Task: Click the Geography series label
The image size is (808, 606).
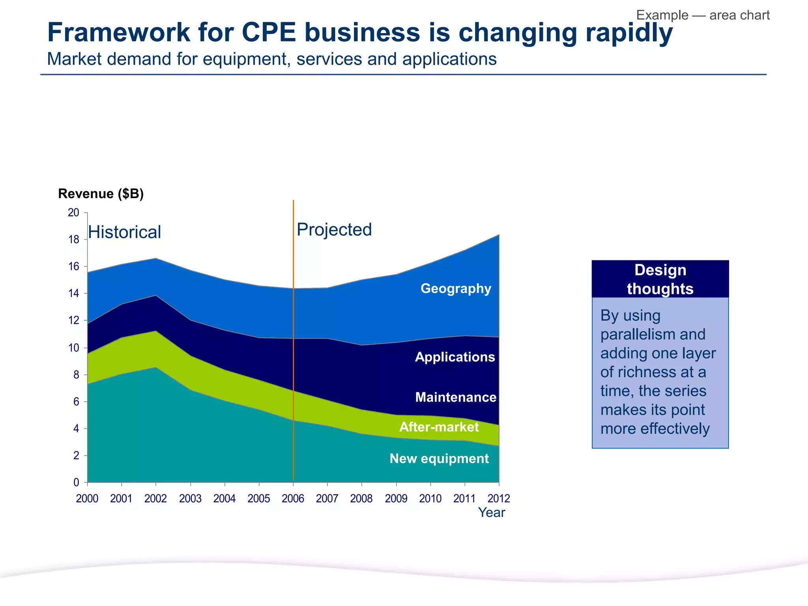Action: point(456,288)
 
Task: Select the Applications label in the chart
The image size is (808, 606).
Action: point(454,357)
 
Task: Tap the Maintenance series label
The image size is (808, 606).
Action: point(456,397)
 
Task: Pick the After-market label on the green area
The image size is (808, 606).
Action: point(439,427)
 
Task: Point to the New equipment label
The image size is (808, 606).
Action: point(439,458)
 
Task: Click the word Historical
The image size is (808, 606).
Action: point(124,232)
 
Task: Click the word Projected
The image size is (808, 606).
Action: point(334,230)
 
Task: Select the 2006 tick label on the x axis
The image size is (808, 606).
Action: point(293,499)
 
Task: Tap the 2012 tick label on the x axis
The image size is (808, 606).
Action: point(499,499)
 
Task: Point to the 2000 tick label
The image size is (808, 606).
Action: point(87,499)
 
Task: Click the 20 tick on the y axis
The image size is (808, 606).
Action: point(74,213)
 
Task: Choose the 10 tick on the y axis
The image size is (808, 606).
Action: point(74,348)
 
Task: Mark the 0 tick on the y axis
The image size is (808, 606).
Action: point(76,483)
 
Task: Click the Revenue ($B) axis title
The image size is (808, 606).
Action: point(101,194)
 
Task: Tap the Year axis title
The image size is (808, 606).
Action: point(491,512)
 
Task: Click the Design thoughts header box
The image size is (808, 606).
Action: point(660,279)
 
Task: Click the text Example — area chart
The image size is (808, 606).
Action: point(703,15)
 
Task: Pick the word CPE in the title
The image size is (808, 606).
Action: point(268,32)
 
